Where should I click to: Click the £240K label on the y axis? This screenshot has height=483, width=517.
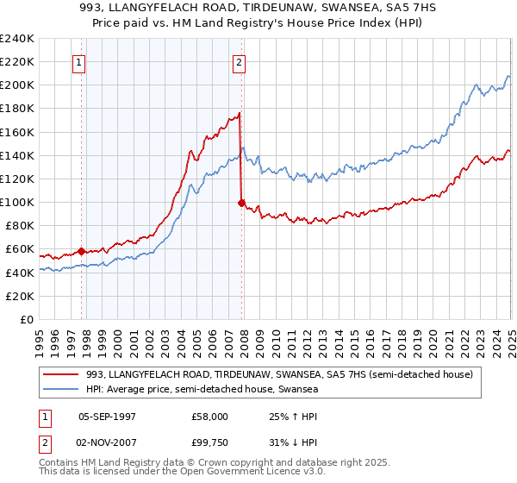(x=17, y=38)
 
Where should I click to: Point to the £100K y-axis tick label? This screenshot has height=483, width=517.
(x=17, y=202)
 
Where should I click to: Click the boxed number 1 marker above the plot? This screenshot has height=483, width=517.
(x=79, y=61)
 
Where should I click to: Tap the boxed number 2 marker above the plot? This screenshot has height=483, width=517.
(x=239, y=61)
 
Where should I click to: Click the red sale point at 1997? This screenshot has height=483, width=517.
(x=81, y=252)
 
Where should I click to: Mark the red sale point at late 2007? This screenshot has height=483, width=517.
(x=241, y=203)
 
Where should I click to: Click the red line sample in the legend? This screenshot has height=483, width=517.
(x=61, y=375)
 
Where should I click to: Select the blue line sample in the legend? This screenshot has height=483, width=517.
(x=61, y=390)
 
